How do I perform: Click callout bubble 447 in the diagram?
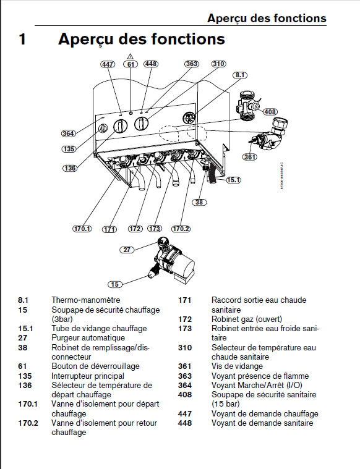[x=108, y=64]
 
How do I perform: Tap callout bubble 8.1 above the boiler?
[x=240, y=75]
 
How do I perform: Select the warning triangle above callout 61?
[x=130, y=56]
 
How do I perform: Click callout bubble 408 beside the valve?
[x=270, y=112]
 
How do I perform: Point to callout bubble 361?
[x=249, y=157]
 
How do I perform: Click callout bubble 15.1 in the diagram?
[x=234, y=180]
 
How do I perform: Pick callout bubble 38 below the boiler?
[x=199, y=202]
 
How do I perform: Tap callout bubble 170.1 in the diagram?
[x=82, y=229]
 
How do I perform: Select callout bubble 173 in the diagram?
[x=155, y=229]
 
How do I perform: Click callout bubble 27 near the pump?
[x=127, y=250]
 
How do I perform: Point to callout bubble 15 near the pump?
[x=115, y=284]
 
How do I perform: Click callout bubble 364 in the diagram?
[x=68, y=133]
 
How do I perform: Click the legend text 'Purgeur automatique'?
[x=88, y=337]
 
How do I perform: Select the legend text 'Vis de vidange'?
[x=237, y=366]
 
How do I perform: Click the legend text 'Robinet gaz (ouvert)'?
[x=246, y=319]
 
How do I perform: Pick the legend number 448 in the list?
[x=184, y=423]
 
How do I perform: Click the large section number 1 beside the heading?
[x=22, y=39]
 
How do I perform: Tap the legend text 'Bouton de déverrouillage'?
[x=95, y=366]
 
